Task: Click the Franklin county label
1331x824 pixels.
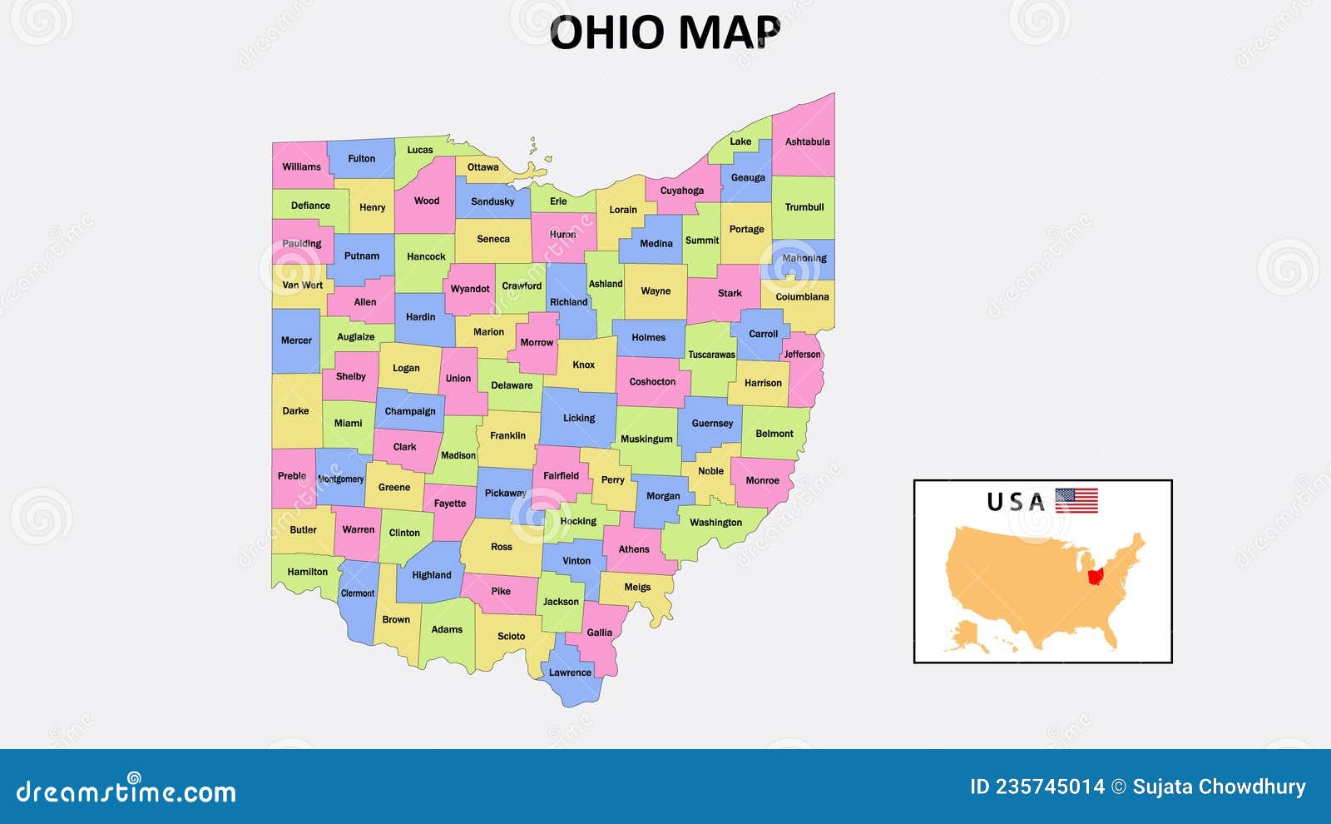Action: pyautogui.click(x=507, y=435)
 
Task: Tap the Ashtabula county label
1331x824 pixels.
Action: pyautogui.click(x=807, y=141)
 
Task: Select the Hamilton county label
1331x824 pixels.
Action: pyautogui.click(x=307, y=572)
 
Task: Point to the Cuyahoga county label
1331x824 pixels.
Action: pyautogui.click(x=681, y=191)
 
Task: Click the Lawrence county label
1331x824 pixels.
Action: pyautogui.click(x=570, y=673)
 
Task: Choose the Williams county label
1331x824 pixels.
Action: pyautogui.click(x=301, y=166)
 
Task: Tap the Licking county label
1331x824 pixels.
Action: pyautogui.click(x=578, y=418)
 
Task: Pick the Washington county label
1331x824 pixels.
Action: pyautogui.click(x=715, y=523)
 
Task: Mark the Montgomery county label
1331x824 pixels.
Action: pyautogui.click(x=340, y=479)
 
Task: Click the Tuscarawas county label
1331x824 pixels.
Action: pyautogui.click(x=711, y=355)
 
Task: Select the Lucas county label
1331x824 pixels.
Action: pyautogui.click(x=419, y=150)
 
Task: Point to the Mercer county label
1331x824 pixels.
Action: pyautogui.click(x=296, y=340)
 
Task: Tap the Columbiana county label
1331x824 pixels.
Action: pyautogui.click(x=802, y=296)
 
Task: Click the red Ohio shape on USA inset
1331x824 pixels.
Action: pyautogui.click(x=1096, y=576)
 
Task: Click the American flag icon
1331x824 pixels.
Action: pyautogui.click(x=1076, y=500)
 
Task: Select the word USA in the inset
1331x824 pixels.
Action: pyautogui.click(x=1015, y=502)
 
